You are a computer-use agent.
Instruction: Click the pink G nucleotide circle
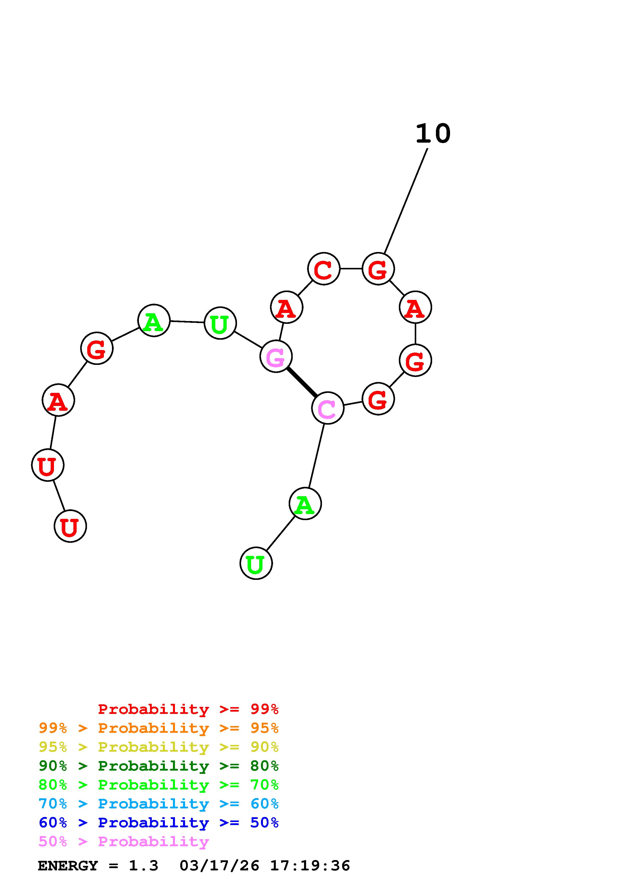point(276,357)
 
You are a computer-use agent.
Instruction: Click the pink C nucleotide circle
point(327,408)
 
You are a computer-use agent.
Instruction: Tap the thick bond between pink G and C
point(302,382)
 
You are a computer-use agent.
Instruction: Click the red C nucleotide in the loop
point(323,269)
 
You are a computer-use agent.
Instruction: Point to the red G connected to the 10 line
point(378,269)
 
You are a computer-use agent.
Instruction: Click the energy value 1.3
point(143,866)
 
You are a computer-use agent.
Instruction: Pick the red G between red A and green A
point(97,349)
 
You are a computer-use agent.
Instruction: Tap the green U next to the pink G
point(220,323)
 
